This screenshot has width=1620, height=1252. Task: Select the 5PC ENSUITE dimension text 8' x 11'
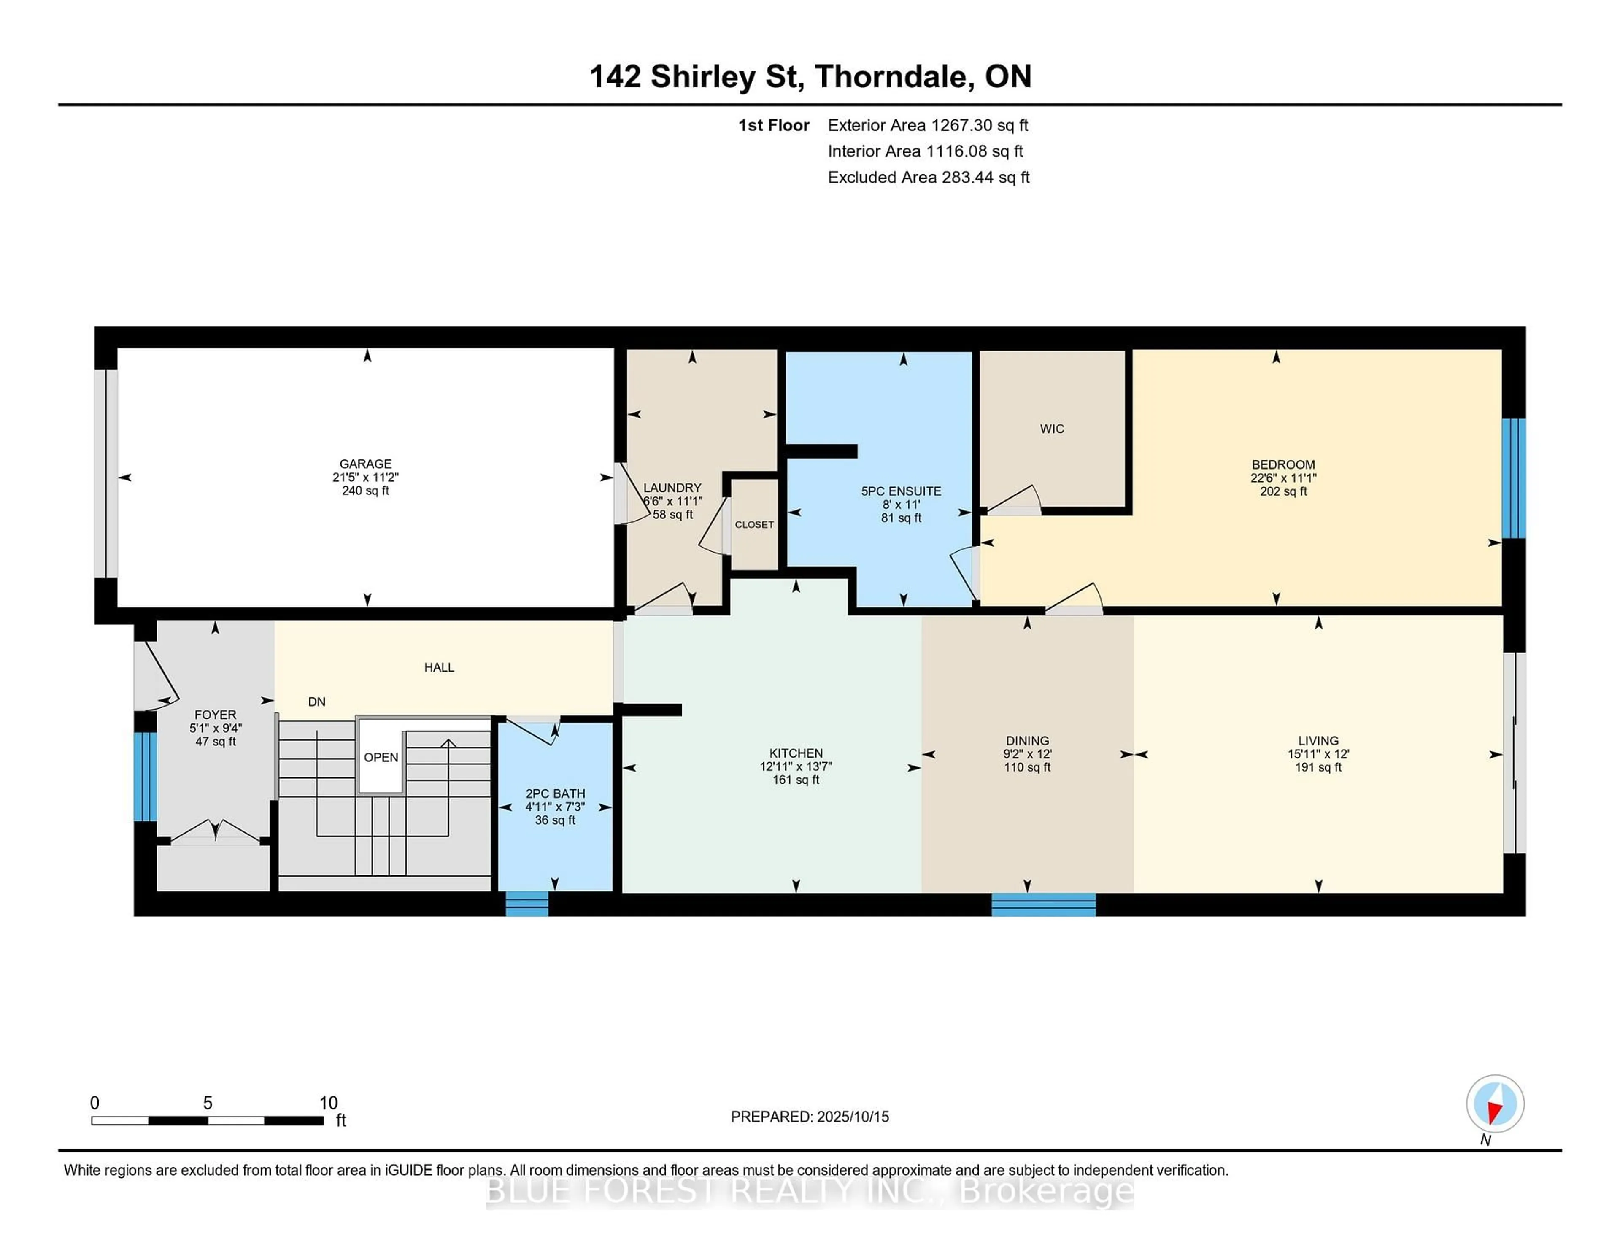pos(901,505)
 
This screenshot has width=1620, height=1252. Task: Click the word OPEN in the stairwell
pos(381,757)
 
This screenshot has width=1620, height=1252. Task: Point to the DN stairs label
pos(317,702)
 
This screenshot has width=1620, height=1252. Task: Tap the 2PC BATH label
pos(555,793)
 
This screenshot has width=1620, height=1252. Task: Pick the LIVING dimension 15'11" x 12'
pos(1318,753)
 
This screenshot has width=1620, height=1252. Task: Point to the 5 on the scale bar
pos(208,1103)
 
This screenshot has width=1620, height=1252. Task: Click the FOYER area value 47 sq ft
pos(215,742)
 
